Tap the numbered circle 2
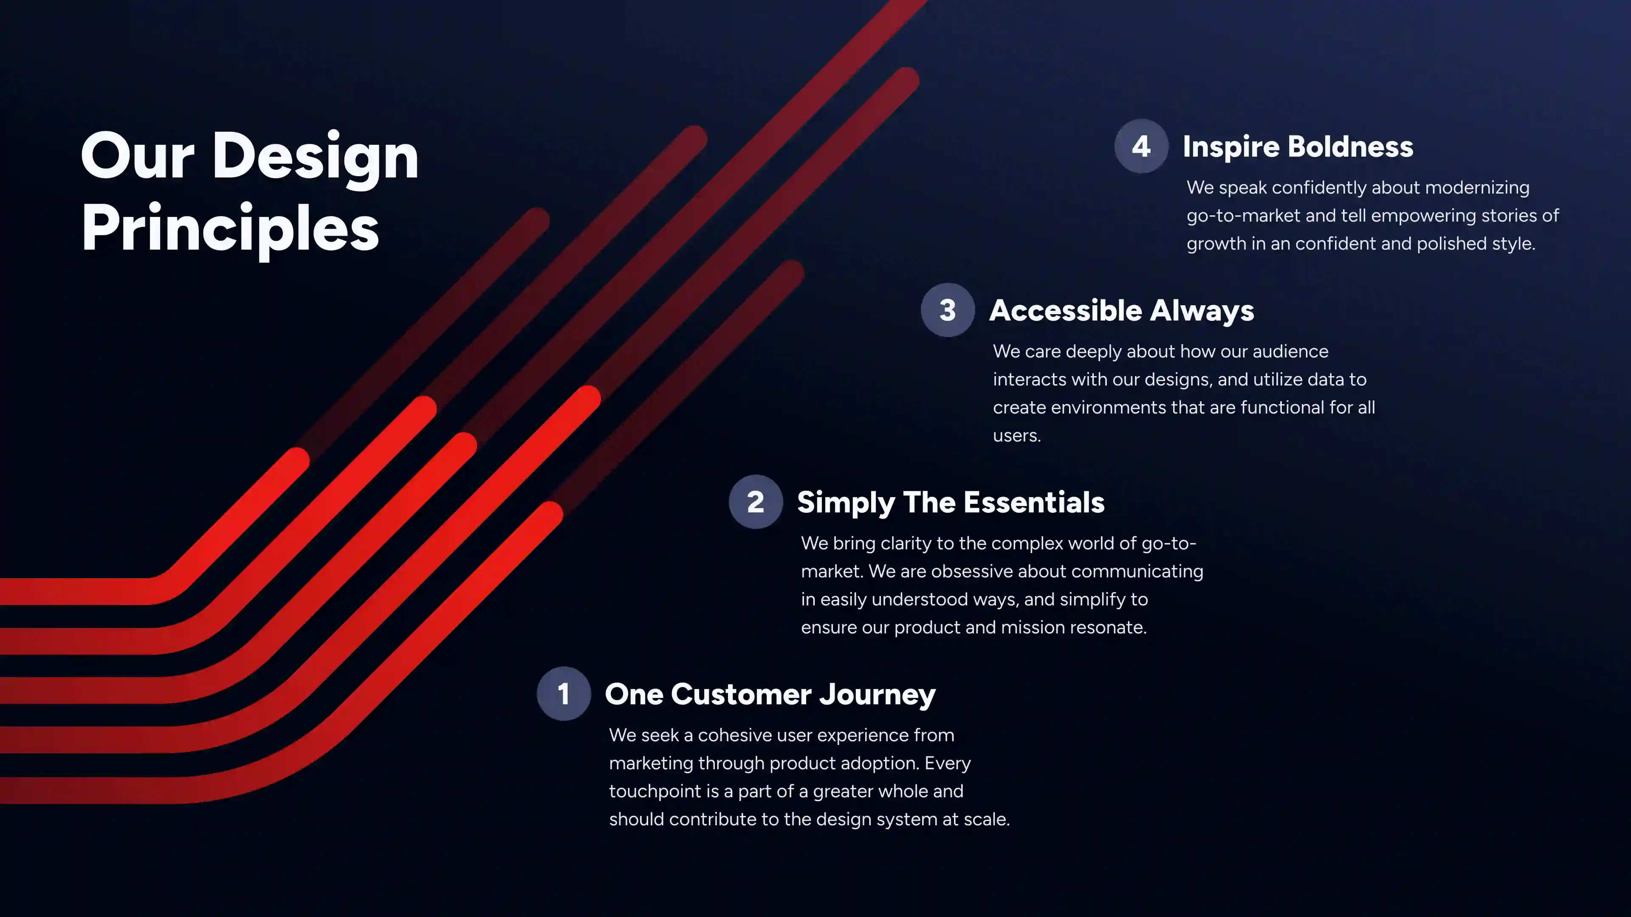(x=755, y=502)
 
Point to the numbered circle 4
(x=1141, y=146)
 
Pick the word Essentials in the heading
(x=1035, y=503)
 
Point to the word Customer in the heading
(x=741, y=694)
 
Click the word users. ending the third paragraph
(x=1017, y=436)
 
